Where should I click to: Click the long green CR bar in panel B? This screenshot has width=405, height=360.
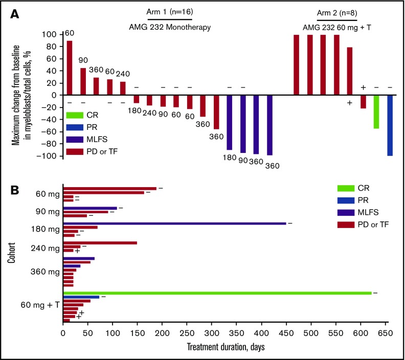(217, 292)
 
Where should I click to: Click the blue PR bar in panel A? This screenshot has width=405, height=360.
(390, 125)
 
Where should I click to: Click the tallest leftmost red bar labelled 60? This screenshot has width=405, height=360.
(69, 67)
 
